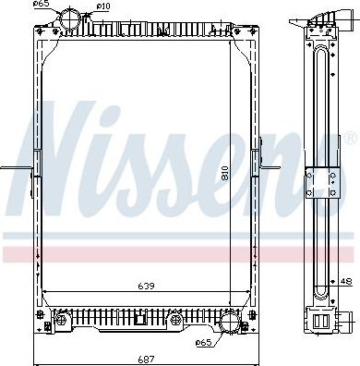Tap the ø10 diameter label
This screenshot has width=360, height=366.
(x=103, y=6)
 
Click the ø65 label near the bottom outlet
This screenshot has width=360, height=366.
(x=203, y=345)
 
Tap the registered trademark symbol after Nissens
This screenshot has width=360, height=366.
(x=349, y=139)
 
